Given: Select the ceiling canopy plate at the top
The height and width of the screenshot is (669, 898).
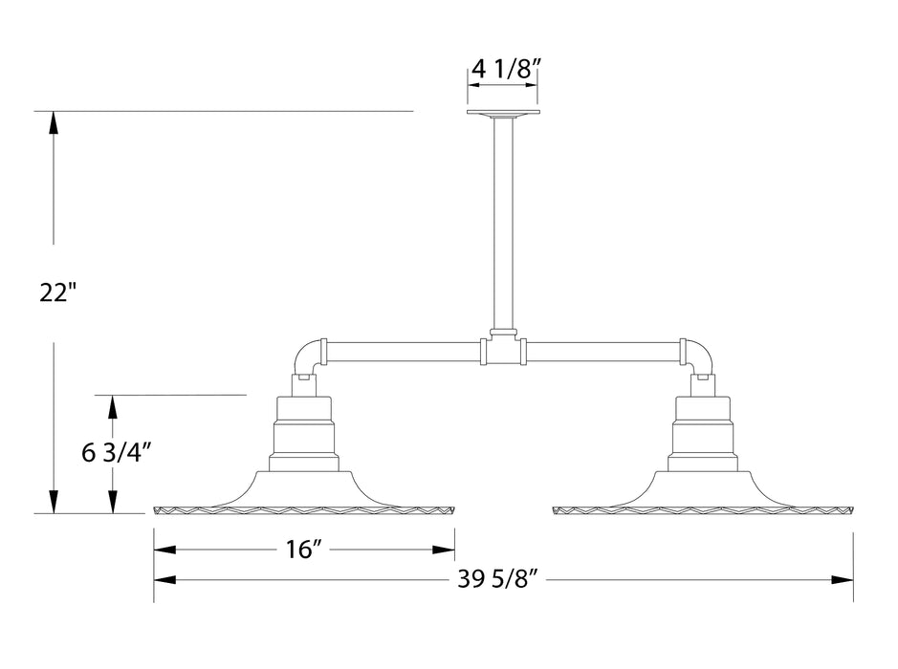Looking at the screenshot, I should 502,114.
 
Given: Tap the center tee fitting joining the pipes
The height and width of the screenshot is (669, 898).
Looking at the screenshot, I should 502,350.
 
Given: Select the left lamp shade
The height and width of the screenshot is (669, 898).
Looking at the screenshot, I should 303,492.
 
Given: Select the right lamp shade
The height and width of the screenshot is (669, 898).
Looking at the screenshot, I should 702,492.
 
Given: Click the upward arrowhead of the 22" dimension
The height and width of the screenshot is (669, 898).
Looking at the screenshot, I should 54,121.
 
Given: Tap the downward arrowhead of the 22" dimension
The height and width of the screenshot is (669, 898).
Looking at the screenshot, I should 54,503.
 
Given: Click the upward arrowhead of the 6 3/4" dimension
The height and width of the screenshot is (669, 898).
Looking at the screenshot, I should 113,405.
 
